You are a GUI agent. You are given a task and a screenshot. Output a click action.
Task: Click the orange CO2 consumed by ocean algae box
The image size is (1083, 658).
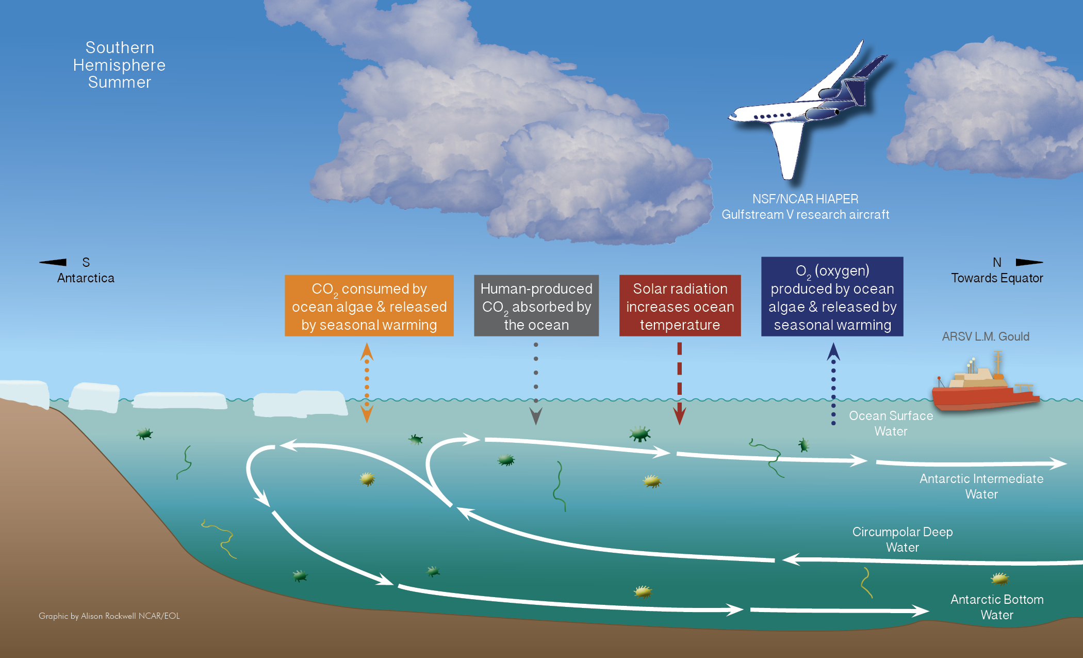(x=369, y=306)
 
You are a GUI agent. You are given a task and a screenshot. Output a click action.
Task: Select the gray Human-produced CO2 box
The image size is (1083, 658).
(x=536, y=306)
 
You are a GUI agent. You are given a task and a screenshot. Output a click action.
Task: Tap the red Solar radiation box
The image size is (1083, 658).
(x=680, y=306)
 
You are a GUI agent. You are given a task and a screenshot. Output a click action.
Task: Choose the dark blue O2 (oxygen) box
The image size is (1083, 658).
(x=832, y=297)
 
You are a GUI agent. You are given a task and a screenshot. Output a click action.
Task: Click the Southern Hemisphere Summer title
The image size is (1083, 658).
(x=119, y=65)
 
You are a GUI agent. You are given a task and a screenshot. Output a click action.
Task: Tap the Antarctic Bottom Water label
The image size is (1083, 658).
(x=996, y=607)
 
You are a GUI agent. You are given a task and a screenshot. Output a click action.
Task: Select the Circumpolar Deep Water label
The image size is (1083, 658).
(x=902, y=539)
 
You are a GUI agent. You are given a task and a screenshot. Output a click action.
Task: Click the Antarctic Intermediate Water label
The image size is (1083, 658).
(x=981, y=486)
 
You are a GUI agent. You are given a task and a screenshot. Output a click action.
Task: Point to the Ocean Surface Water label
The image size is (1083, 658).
(x=891, y=423)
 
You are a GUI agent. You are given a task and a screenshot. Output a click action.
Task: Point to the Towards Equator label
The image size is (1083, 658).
(x=996, y=278)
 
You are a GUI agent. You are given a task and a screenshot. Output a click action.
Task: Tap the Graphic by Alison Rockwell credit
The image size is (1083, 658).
(x=109, y=616)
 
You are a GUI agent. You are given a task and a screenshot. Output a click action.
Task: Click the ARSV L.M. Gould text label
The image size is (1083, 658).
(x=985, y=336)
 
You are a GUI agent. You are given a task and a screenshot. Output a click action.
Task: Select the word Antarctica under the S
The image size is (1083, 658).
(x=86, y=278)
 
